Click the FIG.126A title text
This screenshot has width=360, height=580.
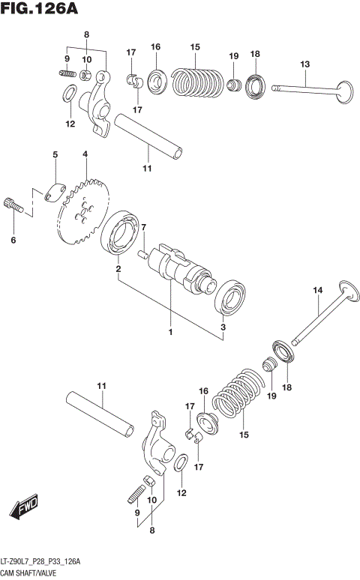coord(40,10)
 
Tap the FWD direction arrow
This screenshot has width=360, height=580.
coord(25,507)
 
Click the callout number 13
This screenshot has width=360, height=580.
coord(305,64)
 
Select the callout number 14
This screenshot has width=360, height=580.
coord(317,290)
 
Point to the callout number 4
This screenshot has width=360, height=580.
coord(85,154)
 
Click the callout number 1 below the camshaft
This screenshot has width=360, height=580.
coord(170,331)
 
